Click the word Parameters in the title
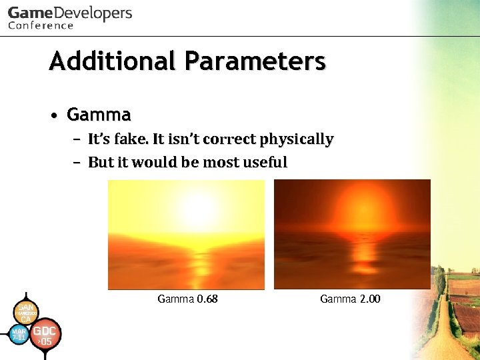[255, 61]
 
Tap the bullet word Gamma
[99, 115]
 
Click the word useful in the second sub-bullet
[265, 162]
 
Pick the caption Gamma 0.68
[187, 299]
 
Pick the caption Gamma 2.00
[350, 299]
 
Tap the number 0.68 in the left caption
[207, 299]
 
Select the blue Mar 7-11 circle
[19, 334]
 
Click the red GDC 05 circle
[44, 334]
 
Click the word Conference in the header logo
[41, 25]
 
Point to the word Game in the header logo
[29, 13]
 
